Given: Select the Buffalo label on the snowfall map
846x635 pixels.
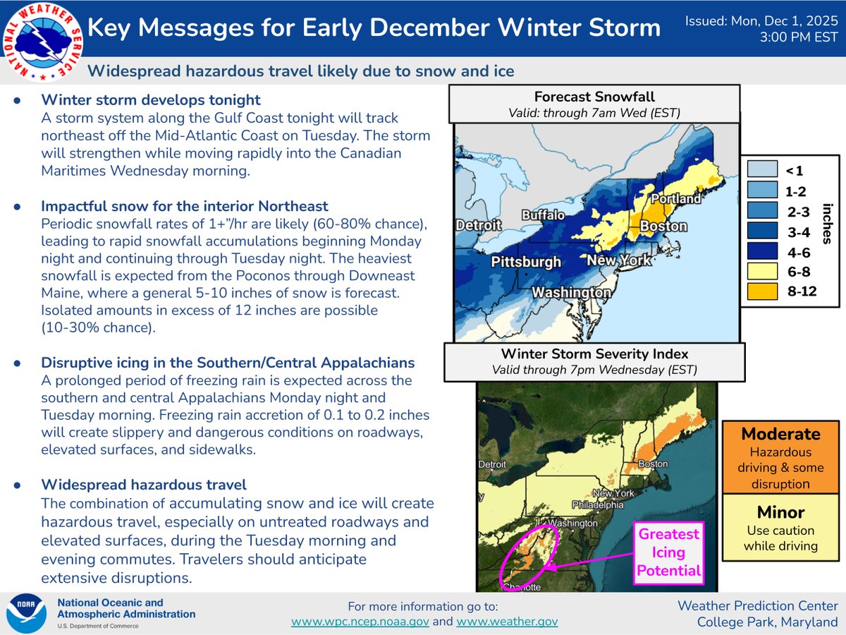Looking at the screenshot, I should click(x=544, y=214).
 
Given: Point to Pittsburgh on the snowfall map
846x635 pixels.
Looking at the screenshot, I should click(x=527, y=262).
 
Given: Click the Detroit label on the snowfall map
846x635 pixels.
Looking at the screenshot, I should click(x=478, y=226).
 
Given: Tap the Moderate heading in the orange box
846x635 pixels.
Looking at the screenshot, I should click(x=780, y=434).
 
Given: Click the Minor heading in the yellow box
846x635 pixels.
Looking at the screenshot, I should click(x=780, y=512).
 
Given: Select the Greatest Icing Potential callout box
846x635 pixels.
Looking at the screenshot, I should click(x=668, y=552).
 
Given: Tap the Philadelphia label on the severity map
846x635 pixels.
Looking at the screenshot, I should click(x=598, y=504).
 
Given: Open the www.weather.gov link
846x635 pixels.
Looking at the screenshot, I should click(x=507, y=622).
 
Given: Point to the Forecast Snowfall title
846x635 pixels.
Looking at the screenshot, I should click(x=594, y=97).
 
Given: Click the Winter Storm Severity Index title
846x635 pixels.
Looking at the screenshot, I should click(x=594, y=354).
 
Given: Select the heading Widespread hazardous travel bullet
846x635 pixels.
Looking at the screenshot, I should click(x=144, y=485).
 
